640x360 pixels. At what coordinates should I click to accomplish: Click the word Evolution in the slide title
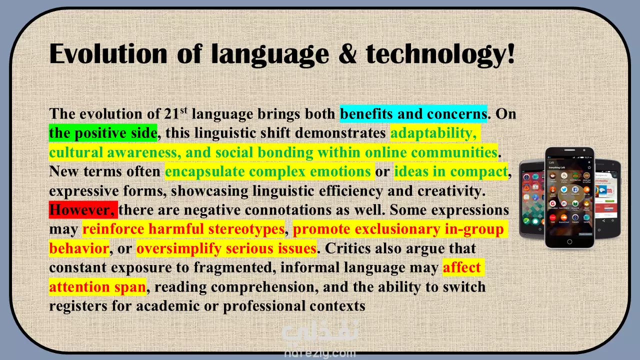(x=108, y=53)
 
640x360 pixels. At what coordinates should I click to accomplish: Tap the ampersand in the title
(x=347, y=54)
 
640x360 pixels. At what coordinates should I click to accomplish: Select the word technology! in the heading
(x=440, y=55)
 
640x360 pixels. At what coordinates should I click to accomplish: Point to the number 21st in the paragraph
(x=175, y=113)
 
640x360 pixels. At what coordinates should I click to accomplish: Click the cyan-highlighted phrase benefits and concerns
(x=413, y=113)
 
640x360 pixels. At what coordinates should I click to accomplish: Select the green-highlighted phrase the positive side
(x=103, y=133)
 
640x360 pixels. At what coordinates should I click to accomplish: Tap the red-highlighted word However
(x=83, y=210)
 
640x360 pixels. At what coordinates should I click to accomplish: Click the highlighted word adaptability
(x=433, y=133)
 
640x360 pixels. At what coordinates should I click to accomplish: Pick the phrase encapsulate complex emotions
(x=267, y=171)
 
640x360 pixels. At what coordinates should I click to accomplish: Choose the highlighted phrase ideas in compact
(x=451, y=171)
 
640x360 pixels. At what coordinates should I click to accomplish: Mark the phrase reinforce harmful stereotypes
(x=183, y=229)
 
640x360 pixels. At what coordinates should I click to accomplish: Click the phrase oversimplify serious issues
(x=226, y=248)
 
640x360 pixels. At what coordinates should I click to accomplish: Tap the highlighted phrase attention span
(x=97, y=287)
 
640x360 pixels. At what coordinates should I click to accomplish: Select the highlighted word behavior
(x=79, y=248)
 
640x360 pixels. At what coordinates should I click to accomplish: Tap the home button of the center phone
(x=569, y=241)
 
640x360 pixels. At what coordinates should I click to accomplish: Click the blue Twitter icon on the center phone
(x=563, y=189)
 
